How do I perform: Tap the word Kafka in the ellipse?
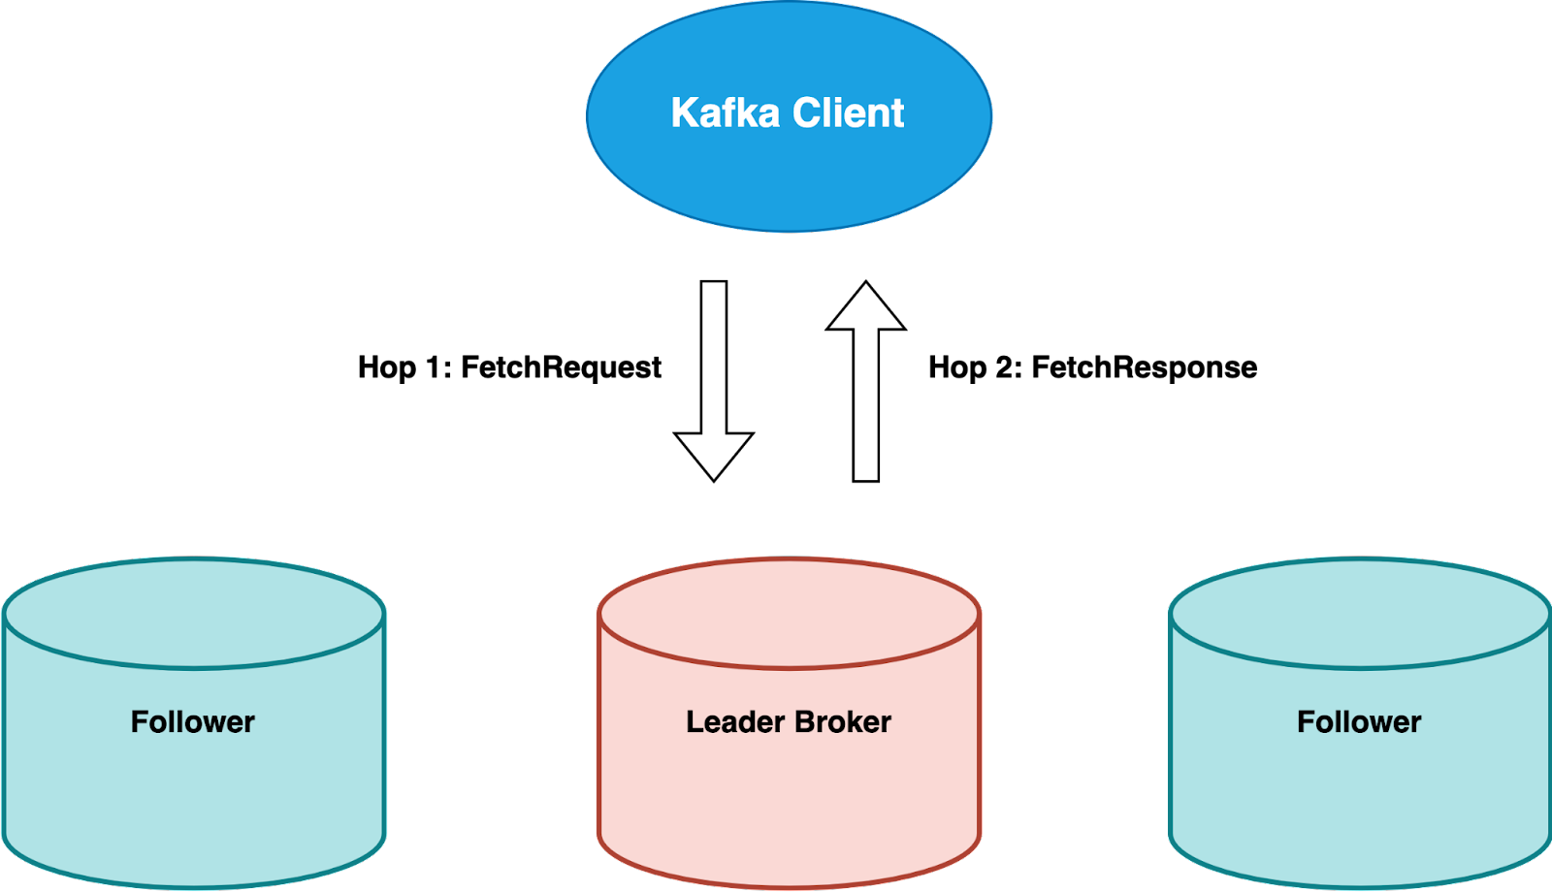pos(726,112)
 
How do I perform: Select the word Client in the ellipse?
pos(849,112)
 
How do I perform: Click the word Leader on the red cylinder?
pos(735,722)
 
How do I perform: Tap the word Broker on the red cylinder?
pos(843,722)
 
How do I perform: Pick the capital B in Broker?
pos(804,722)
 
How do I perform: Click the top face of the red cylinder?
pos(789,613)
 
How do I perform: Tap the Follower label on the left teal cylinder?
pos(193,722)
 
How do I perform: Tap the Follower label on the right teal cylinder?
pos(1359,722)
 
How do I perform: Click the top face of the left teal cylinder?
pos(194,613)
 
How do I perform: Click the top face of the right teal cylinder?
pos(1359,613)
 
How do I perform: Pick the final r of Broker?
pos(885,723)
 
